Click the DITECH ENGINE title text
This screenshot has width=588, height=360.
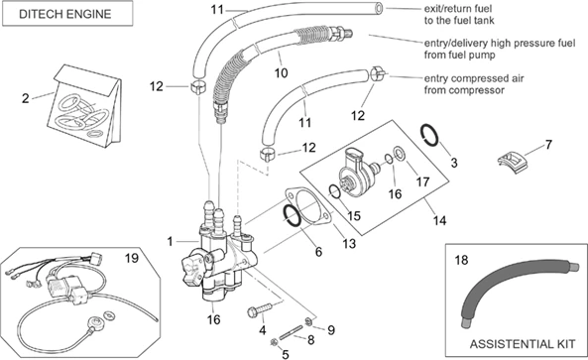coord(66,16)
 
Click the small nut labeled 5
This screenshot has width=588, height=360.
coord(273,342)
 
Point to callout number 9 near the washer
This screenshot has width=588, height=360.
coord(331,329)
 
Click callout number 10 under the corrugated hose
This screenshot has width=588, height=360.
coord(281,72)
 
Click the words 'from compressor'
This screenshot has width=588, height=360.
coord(460,90)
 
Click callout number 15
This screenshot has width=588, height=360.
coord(354,215)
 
